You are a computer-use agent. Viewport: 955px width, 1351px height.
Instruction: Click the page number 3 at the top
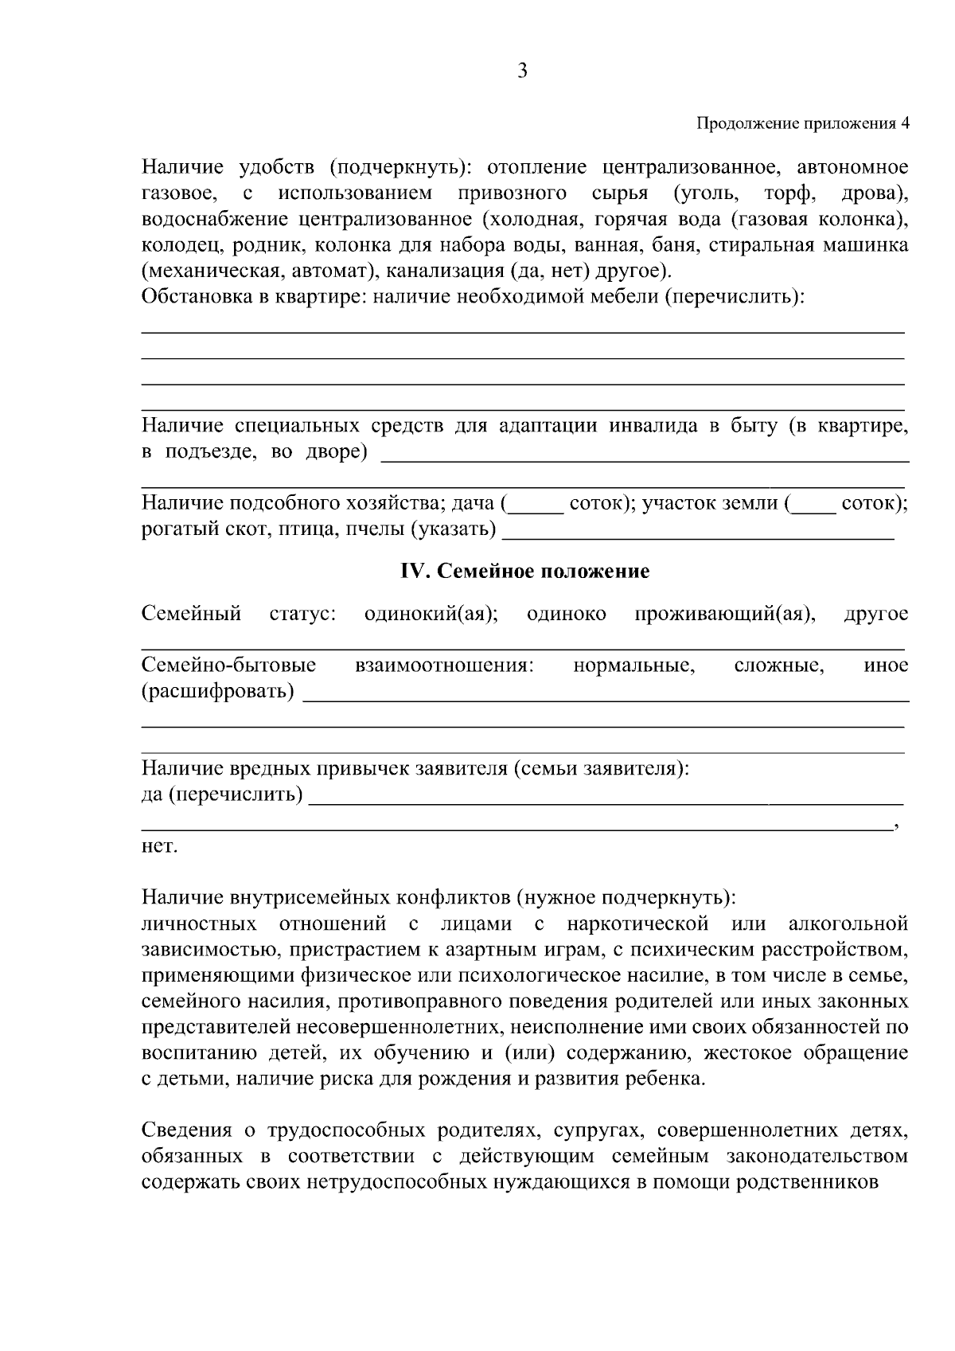[522, 72]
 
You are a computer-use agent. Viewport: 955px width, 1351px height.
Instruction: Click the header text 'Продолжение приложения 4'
[802, 123]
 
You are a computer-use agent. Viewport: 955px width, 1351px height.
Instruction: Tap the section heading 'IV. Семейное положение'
[524, 571]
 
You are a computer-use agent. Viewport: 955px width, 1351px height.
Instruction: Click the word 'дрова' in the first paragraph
[873, 193]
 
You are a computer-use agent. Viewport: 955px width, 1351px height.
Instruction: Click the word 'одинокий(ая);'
[431, 614]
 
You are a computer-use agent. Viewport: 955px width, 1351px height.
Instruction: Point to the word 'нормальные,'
[633, 666]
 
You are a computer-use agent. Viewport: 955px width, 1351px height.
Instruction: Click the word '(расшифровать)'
[217, 691]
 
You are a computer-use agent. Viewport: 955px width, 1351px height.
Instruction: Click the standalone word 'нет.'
[159, 846]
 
